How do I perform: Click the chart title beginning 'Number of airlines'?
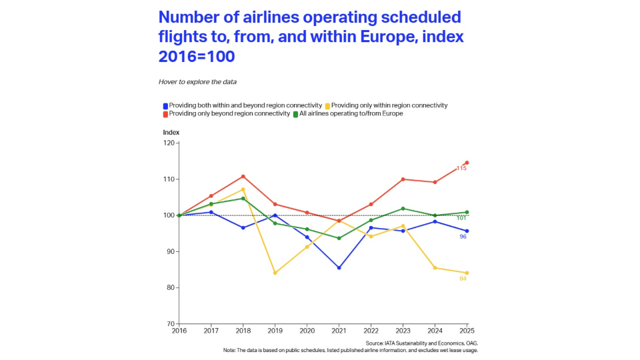click(x=309, y=37)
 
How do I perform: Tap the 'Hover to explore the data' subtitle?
click(x=197, y=82)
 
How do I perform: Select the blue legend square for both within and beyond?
click(x=165, y=105)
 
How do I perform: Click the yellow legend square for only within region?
click(x=327, y=105)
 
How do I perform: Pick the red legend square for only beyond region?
click(x=165, y=114)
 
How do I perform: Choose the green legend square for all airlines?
click(x=296, y=114)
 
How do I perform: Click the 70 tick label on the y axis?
click(x=169, y=324)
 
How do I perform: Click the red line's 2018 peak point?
click(x=243, y=177)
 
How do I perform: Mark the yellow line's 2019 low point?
click(x=275, y=273)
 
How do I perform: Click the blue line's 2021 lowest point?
click(x=339, y=268)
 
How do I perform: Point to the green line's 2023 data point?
click(x=403, y=209)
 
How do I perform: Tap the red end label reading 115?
click(x=461, y=168)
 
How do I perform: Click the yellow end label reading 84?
click(x=463, y=279)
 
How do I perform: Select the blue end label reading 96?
click(x=463, y=237)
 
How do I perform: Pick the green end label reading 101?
click(x=461, y=218)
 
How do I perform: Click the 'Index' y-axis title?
click(x=171, y=132)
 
